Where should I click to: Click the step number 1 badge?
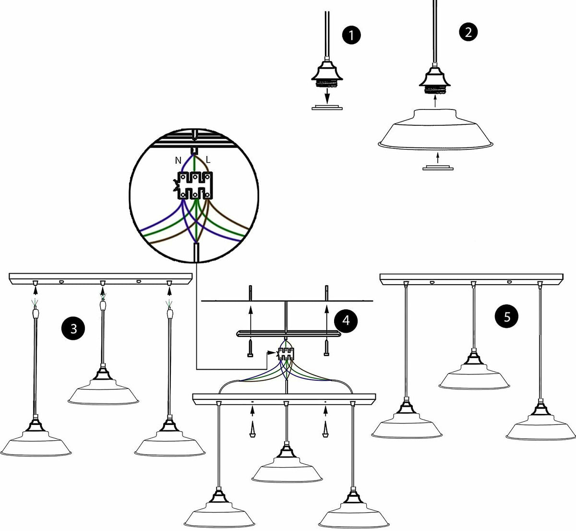[x=351, y=35]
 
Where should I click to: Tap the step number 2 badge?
[x=468, y=32]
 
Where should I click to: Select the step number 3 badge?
[x=73, y=328]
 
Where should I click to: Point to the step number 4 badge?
[x=346, y=320]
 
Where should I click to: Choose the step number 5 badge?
[x=506, y=316]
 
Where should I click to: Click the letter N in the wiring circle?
[x=178, y=160]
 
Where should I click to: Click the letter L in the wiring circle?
[x=208, y=160]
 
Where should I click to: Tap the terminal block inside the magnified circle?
[x=195, y=185]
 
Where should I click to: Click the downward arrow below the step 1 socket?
[x=327, y=97]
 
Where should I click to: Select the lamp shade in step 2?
[x=435, y=129]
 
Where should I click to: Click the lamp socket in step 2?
[x=434, y=81]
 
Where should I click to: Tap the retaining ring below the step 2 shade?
[x=438, y=168]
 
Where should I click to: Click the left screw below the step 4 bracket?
[x=250, y=348]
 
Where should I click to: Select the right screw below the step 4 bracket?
[x=326, y=348]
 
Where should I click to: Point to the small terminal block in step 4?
[x=286, y=354]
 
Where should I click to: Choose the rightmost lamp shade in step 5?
[x=541, y=428]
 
